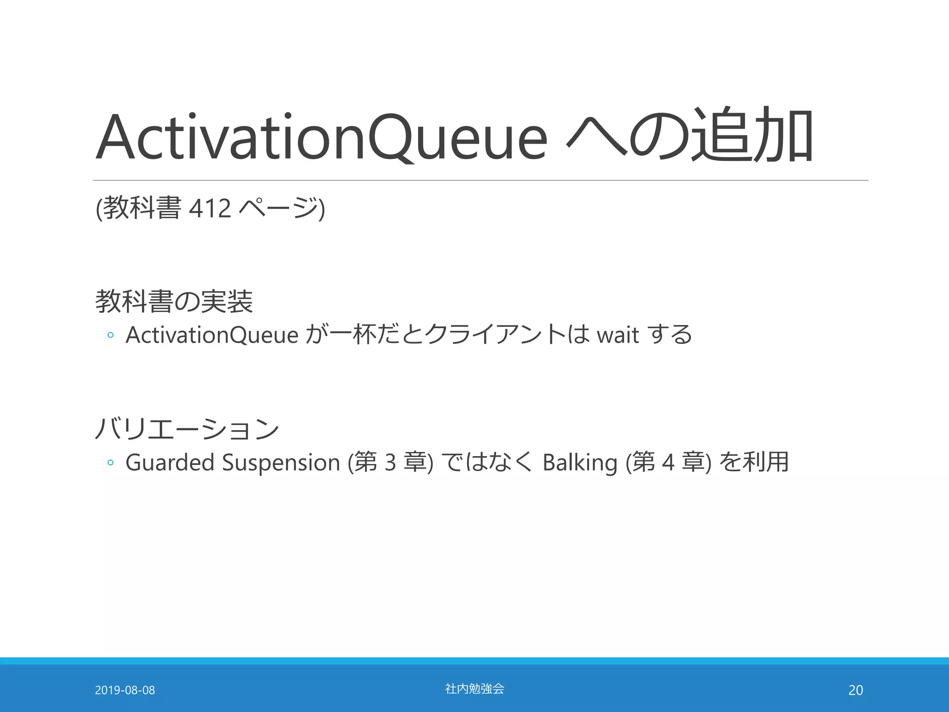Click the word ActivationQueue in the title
click(322, 137)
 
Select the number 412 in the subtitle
click(210, 208)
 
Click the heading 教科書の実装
click(174, 301)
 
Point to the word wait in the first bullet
click(618, 335)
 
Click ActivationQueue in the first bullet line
click(212, 335)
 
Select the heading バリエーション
click(187, 428)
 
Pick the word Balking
click(580, 463)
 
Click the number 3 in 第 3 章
click(390, 463)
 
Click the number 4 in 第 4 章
click(668, 463)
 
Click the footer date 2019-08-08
click(125, 690)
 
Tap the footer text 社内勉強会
click(474, 689)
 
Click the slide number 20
click(855, 690)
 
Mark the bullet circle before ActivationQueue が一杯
click(110, 335)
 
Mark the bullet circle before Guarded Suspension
click(110, 463)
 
